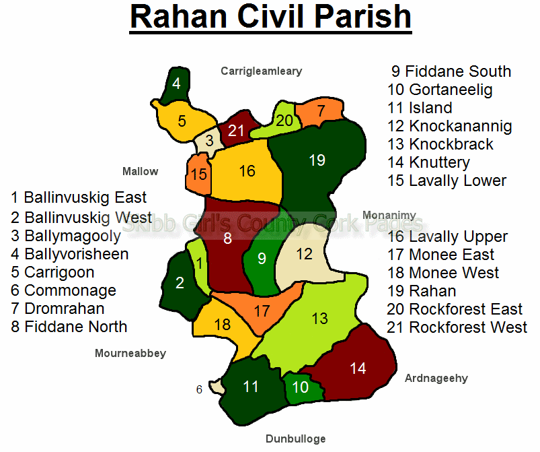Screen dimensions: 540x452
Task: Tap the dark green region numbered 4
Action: [x=176, y=84]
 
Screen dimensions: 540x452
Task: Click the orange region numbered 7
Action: [x=320, y=111]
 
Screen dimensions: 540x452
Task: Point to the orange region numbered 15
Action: [x=198, y=174]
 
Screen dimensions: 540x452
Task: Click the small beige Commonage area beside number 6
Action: [x=217, y=386]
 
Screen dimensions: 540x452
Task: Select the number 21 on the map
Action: [x=236, y=131]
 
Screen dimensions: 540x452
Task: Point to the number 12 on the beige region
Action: [x=304, y=255]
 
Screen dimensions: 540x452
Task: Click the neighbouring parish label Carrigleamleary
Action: [x=262, y=71]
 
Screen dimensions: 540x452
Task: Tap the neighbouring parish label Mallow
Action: [x=140, y=171]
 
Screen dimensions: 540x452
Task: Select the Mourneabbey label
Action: [x=130, y=354]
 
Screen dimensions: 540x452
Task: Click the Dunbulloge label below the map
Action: [x=295, y=439]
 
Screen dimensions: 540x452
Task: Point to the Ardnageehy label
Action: [x=436, y=378]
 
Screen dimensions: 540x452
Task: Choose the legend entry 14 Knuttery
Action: [x=429, y=162]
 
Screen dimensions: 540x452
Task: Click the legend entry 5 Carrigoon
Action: [x=52, y=272]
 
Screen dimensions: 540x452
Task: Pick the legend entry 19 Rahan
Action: [x=422, y=291]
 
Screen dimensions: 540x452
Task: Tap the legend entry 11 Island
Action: [x=420, y=108]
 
